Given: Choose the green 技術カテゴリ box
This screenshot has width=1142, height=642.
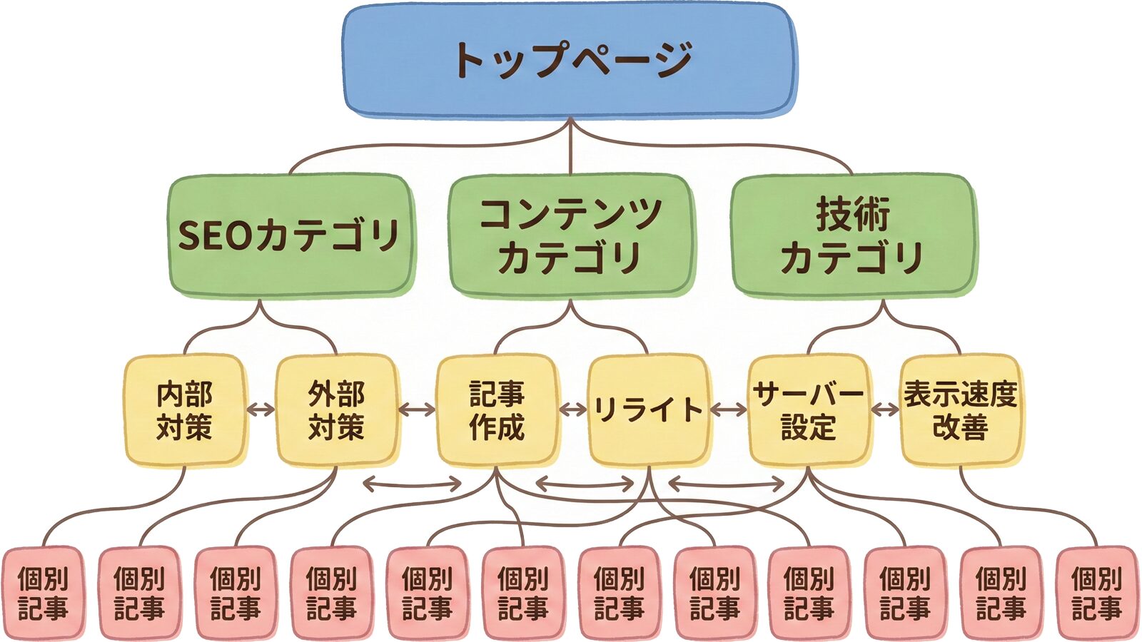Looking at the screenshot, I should (x=852, y=235).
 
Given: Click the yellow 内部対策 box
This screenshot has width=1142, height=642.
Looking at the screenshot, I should (x=185, y=410).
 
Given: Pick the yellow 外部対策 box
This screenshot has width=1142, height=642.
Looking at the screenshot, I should (x=336, y=410).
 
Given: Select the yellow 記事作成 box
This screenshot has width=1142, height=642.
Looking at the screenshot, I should (x=497, y=410).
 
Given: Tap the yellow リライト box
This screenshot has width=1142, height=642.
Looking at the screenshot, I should (x=648, y=410).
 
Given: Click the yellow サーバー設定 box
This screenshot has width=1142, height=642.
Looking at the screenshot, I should (x=808, y=410).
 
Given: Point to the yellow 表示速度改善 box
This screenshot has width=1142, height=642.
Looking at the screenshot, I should (x=961, y=410).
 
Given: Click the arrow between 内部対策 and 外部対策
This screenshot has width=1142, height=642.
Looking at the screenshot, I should (x=261, y=409).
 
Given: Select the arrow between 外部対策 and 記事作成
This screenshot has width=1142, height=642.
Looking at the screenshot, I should (x=417, y=409).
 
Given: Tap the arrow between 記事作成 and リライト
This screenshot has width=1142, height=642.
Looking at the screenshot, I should (x=572, y=409).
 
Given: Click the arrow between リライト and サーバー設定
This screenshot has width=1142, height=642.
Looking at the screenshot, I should (x=728, y=409).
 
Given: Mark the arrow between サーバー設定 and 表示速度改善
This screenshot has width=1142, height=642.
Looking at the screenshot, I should (x=885, y=409).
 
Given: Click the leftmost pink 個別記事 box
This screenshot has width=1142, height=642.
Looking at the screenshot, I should (x=43, y=592).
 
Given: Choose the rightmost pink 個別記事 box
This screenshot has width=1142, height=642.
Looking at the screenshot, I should (x=1096, y=592).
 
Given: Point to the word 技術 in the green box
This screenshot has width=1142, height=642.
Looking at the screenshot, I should (x=852, y=214).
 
